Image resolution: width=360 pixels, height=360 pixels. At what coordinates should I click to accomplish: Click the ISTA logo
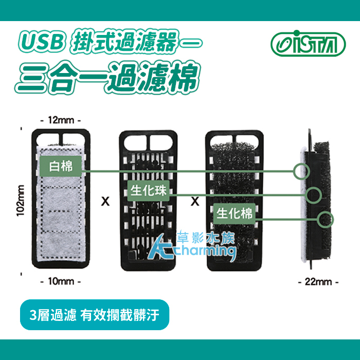click(308, 43)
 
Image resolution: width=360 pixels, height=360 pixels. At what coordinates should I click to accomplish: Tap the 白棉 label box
click(61, 166)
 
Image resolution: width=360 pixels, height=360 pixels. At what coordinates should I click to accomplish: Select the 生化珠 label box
click(149, 191)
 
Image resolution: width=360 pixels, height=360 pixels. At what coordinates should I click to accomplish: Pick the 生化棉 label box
click(235, 213)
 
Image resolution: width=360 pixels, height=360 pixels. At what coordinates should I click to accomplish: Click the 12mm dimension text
click(61, 120)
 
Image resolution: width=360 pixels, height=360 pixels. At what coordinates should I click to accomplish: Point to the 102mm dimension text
click(20, 201)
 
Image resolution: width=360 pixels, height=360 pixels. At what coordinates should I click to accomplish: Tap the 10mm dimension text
click(61, 281)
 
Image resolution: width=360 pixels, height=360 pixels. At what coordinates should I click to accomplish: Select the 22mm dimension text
click(318, 282)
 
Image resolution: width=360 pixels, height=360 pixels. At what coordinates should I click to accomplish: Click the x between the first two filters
click(105, 201)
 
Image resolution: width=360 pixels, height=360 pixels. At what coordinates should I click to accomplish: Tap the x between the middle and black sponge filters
click(195, 201)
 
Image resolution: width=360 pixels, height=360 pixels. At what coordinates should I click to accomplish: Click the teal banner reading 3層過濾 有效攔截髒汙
click(95, 315)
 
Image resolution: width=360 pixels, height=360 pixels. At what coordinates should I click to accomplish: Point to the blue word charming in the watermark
click(207, 251)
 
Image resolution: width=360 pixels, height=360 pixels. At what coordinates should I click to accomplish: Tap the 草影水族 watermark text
click(206, 238)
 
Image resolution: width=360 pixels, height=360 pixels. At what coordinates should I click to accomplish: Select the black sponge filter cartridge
click(234, 201)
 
